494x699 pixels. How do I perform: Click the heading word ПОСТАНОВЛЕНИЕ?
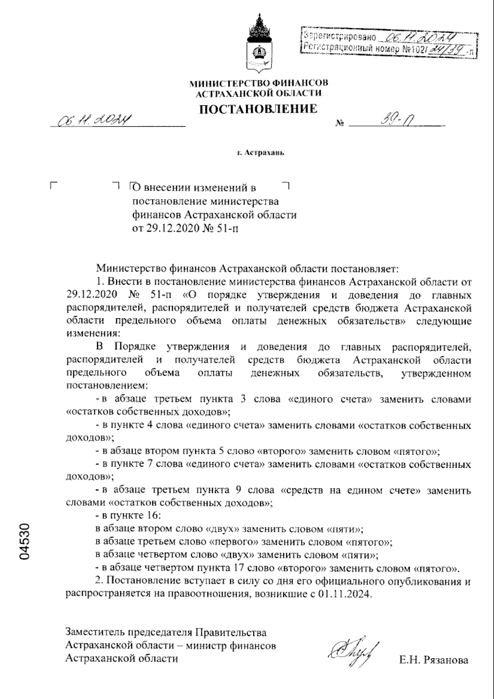tap(259, 109)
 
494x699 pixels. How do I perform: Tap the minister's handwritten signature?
tap(354, 650)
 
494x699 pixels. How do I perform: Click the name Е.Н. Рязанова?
tap(433, 660)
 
